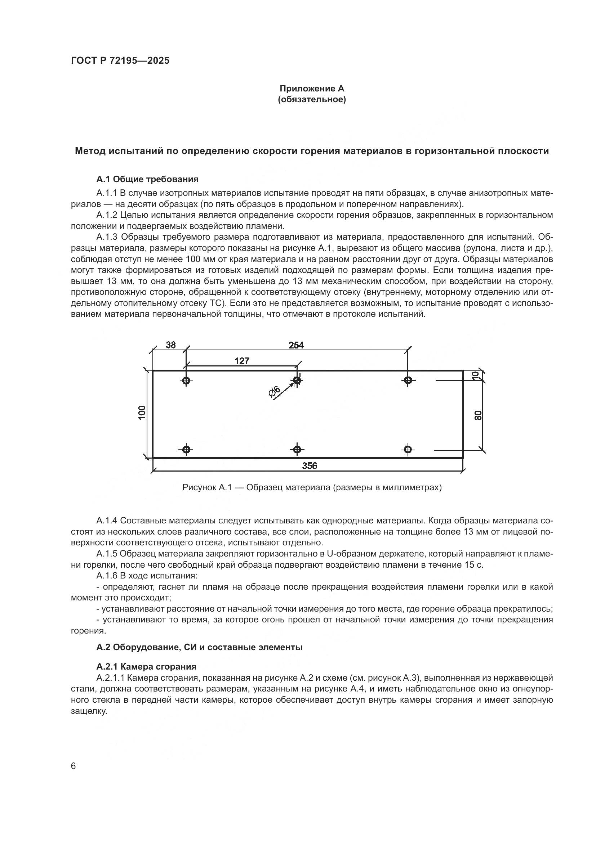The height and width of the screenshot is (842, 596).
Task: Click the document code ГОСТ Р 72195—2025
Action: [120, 61]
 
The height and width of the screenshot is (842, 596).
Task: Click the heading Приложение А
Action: [312, 89]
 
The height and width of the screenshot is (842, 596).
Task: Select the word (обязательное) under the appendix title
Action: [312, 99]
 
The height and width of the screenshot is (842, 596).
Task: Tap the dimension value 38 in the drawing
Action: [171, 345]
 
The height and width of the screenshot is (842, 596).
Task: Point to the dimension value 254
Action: [296, 345]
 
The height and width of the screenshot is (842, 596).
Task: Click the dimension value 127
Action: [242, 361]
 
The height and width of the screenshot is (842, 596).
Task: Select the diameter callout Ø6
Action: [275, 392]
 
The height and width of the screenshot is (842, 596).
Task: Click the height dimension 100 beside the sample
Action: [142, 412]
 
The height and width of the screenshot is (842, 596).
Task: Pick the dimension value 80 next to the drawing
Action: [477, 415]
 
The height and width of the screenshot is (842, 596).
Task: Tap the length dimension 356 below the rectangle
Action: [310, 466]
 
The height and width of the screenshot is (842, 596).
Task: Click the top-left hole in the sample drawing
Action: [186, 380]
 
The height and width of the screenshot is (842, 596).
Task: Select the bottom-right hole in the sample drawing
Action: [408, 449]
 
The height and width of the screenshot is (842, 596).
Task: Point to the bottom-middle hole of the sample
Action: [297, 449]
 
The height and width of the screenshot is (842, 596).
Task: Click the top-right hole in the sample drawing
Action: [408, 380]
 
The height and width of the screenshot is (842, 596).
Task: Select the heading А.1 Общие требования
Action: [147, 179]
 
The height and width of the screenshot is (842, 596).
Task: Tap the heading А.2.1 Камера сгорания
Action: [146, 666]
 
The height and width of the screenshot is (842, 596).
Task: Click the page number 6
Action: [74, 766]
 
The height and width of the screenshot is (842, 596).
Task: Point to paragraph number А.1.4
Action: [107, 521]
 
